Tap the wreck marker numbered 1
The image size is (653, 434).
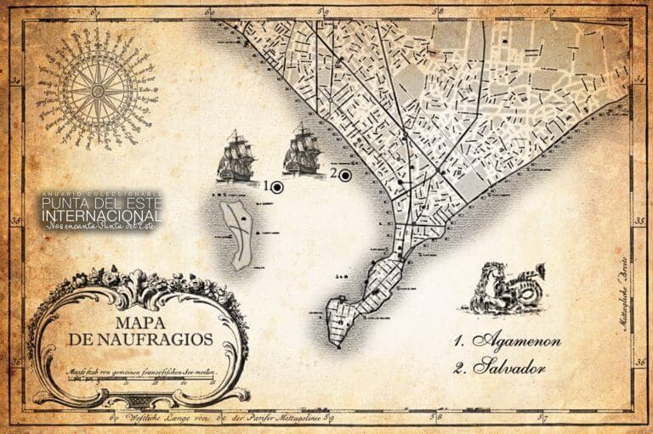point(276,186)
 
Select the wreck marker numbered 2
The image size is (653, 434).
point(344,175)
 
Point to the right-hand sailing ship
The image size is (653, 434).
point(303,150)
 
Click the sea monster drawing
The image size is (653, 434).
point(508,289)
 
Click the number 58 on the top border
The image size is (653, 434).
point(438,12)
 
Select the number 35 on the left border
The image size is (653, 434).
point(14,223)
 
